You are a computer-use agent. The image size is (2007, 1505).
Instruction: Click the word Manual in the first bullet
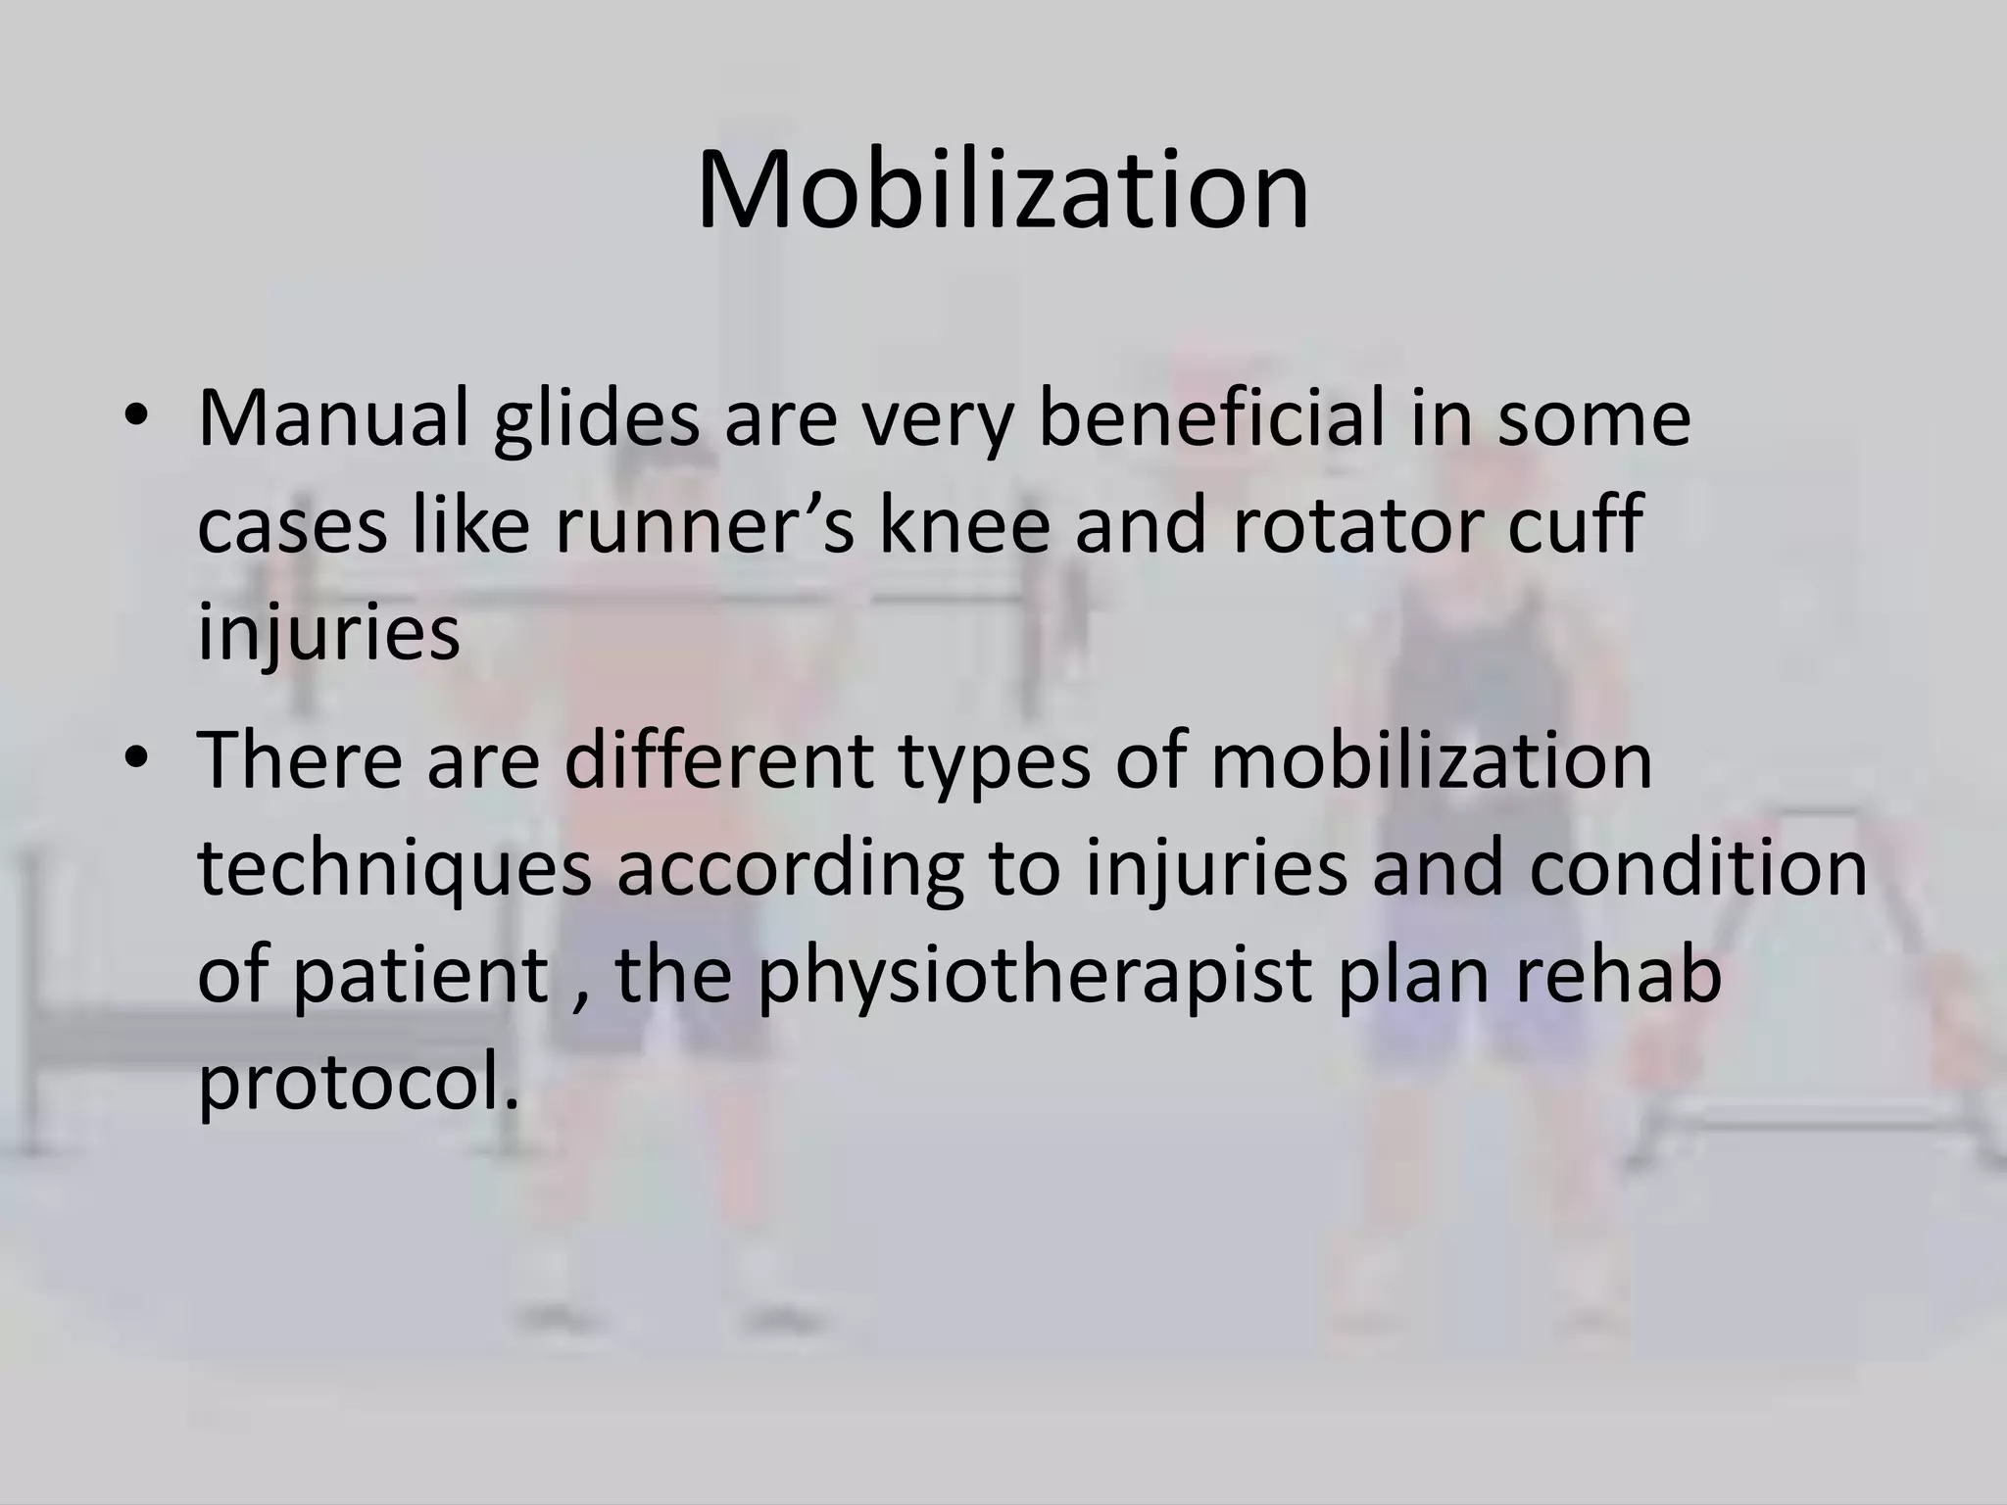click(333, 419)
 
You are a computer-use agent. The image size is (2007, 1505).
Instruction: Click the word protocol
click(358, 1086)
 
